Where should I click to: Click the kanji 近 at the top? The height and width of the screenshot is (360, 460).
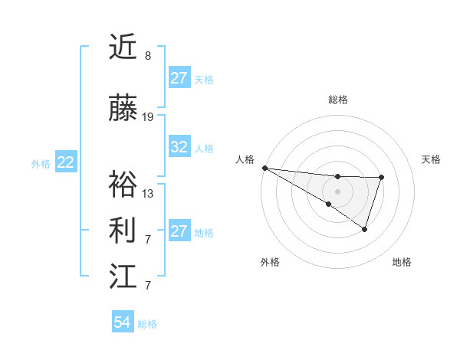click(123, 47)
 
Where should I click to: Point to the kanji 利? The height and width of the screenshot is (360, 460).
click(123, 230)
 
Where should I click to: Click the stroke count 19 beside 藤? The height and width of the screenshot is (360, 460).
click(148, 117)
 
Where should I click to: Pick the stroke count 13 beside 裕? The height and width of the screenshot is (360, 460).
click(148, 193)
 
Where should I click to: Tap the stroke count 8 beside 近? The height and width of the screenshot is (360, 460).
click(148, 56)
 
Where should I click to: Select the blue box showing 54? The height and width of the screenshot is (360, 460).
click(123, 322)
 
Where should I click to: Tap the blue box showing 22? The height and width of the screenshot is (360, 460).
click(66, 162)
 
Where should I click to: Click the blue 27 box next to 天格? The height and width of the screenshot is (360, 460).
click(179, 77)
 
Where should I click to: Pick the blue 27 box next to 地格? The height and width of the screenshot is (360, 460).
click(179, 231)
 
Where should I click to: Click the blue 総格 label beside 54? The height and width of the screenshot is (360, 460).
click(147, 324)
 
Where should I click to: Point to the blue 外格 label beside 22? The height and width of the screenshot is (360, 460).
click(41, 163)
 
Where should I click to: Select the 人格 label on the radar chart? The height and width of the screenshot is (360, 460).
click(245, 159)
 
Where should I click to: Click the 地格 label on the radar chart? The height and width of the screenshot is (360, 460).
click(402, 263)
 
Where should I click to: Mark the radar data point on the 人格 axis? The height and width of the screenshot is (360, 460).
click(264, 168)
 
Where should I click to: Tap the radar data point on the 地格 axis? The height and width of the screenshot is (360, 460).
click(365, 229)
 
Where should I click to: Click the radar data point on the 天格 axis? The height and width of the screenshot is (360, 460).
click(381, 178)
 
